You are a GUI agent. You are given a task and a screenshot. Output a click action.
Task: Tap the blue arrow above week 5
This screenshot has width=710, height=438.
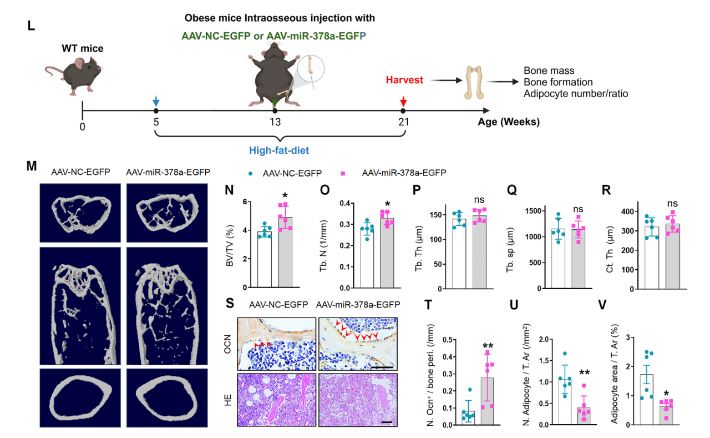(156, 101)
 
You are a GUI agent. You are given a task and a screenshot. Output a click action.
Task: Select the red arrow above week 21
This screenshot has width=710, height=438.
(403, 101)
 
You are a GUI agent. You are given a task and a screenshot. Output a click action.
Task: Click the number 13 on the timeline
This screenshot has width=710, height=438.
(275, 123)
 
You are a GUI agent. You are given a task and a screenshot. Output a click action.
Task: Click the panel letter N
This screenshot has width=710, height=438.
(229, 189)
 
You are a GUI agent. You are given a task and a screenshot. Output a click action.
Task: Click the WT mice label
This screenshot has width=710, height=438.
(82, 49)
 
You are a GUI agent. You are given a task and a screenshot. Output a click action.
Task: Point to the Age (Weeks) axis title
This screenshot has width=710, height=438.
(509, 122)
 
